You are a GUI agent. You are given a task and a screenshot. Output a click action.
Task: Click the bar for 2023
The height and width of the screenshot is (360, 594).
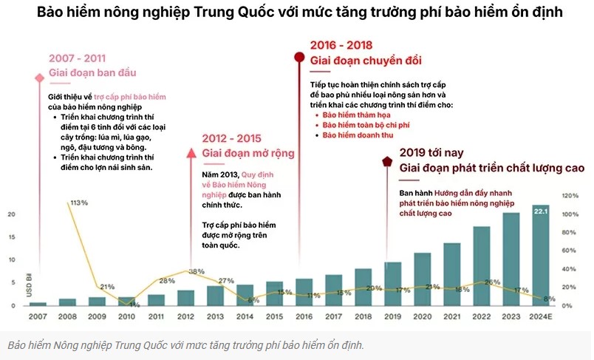coord(511,259)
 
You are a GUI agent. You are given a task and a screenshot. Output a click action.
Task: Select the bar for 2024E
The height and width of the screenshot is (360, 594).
coord(541,255)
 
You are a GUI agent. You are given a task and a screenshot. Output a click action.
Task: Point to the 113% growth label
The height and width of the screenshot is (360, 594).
coord(79,202)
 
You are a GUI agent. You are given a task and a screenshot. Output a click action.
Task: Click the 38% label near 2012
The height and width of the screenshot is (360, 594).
coord(196,271)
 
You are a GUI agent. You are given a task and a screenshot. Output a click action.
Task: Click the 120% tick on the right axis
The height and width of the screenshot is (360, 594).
coord(570,196)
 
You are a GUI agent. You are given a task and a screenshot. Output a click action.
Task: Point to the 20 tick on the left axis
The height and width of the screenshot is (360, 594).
coord(11,214)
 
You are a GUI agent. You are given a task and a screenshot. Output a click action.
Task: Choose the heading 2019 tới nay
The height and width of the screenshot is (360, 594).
coord(431,152)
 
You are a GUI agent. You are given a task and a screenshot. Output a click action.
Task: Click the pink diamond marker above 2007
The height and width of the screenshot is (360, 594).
coord(38,78)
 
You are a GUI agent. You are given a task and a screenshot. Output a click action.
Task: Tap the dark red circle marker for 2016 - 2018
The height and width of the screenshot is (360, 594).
coord(299,57)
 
